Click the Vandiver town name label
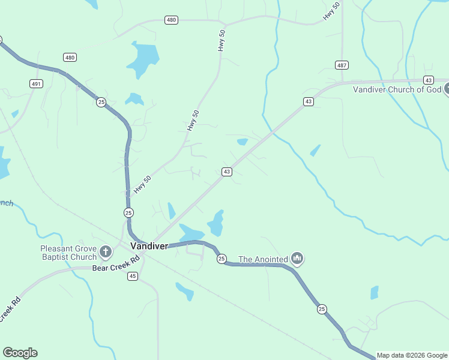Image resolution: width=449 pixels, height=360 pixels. point(149,246)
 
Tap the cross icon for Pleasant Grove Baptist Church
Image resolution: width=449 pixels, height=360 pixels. point(106,252)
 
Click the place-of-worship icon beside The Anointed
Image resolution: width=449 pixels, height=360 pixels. point(297,259)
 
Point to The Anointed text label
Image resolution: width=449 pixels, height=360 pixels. point(263,259)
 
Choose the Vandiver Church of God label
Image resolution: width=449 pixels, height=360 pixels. point(396,89)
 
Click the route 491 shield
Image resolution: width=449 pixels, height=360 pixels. point(36,84)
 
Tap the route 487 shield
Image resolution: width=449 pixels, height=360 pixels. point(342,65)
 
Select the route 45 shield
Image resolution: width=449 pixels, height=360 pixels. point(133,276)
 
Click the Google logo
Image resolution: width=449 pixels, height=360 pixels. point(20,353)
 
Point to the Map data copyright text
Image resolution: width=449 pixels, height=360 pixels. point(412,355)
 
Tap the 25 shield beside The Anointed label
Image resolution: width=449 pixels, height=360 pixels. point(221,259)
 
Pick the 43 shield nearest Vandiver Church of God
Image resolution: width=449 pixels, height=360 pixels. point(428,80)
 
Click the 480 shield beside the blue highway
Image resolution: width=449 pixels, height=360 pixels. point(70,58)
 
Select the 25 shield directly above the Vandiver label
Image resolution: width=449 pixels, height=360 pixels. point(128,212)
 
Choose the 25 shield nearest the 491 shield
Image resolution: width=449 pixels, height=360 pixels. point(100,102)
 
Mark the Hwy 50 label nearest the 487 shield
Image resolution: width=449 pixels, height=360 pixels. point(331,12)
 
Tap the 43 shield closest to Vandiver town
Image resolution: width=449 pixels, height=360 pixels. point(226,172)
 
